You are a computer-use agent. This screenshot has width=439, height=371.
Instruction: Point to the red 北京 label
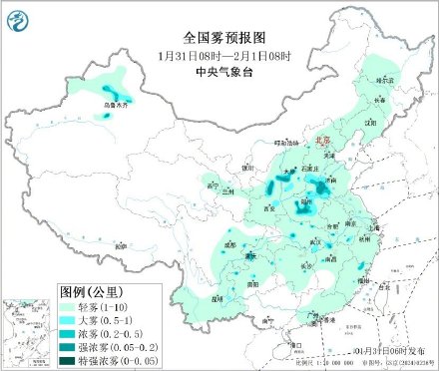click(321, 142)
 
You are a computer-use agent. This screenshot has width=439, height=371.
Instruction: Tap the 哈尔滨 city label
click(385, 77)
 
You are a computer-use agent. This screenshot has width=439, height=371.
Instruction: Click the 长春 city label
click(378, 100)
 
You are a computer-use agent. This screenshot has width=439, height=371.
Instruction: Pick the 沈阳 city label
click(371, 122)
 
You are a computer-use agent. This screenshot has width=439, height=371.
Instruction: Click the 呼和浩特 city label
click(286, 143)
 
